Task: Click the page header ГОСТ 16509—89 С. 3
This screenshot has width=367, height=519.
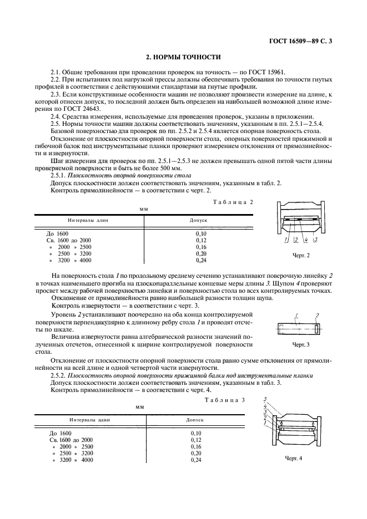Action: [311, 41]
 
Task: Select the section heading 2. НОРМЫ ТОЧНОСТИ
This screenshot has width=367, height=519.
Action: [183, 57]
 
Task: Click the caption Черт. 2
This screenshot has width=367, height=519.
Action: [300, 255]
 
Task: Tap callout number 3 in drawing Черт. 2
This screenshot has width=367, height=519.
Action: [315, 240]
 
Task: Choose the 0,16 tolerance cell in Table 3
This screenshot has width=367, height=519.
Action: [195, 446]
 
